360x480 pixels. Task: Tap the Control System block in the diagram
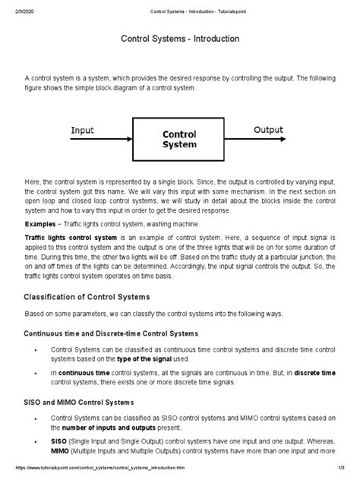coord(179,140)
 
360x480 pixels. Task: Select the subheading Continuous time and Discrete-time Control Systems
coord(112,333)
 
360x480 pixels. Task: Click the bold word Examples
coord(43,225)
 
